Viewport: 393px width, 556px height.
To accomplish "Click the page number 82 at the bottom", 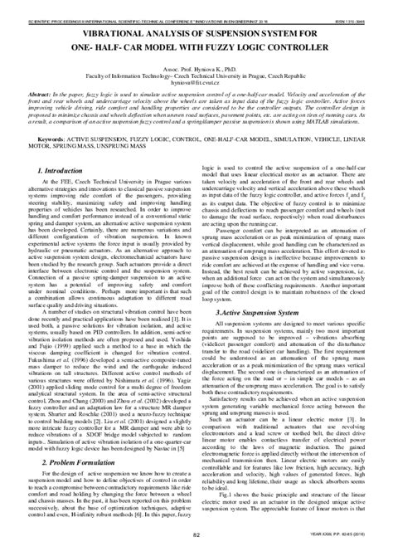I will click(196, 545).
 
